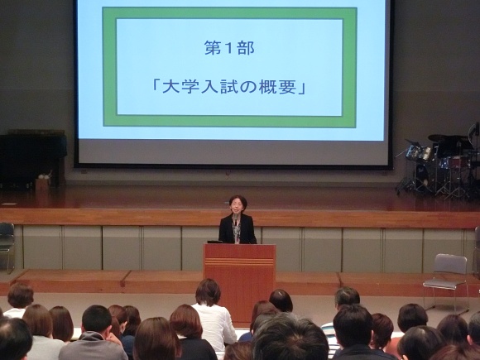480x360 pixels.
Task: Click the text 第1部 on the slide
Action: [229, 48]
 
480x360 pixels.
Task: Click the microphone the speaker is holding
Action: [235, 218]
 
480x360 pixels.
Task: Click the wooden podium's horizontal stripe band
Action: [239, 262]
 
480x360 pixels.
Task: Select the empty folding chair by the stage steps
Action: [446, 280]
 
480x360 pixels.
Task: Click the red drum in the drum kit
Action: [458, 162]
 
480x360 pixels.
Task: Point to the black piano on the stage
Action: [33, 158]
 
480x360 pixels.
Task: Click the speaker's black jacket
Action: [238, 229]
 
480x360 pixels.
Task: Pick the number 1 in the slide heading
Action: [229, 48]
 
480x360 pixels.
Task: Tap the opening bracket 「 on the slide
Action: [156, 86]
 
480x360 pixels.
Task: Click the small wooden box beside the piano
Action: [42, 185]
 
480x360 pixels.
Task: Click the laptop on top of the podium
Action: [214, 242]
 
